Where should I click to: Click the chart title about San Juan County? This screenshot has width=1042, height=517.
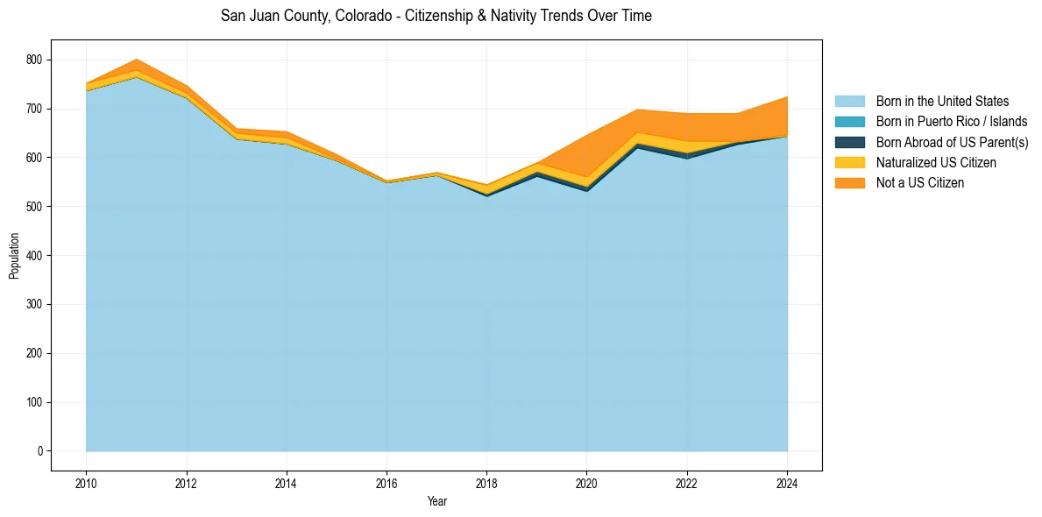[436, 16]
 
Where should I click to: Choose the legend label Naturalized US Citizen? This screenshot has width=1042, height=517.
[936, 163]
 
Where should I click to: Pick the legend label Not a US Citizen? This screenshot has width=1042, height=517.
[919, 183]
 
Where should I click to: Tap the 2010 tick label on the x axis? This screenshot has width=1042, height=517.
[86, 483]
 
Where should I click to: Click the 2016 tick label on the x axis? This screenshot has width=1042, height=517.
[386, 483]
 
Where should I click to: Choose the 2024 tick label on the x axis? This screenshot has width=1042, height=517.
[787, 483]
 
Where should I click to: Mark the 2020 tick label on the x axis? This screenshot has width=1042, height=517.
[587, 483]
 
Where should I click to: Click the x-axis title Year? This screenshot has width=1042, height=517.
[436, 501]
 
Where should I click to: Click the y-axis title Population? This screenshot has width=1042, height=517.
[14, 255]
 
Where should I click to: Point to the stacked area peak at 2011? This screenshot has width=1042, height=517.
[136, 60]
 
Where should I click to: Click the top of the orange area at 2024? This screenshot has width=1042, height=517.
[786, 97]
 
